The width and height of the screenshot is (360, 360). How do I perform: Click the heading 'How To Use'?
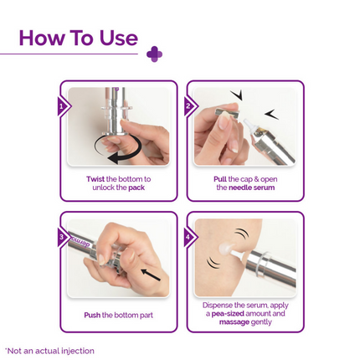[x=78, y=38]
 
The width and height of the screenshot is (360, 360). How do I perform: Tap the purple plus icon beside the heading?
[x=154, y=54]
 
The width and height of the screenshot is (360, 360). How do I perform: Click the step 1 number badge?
[x=61, y=107]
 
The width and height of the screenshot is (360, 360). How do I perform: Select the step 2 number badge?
[x=188, y=107]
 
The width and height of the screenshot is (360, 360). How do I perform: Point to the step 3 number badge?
[x=61, y=238]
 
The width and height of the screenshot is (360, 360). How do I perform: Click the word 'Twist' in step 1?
[x=95, y=179]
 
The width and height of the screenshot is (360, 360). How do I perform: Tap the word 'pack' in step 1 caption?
[x=136, y=188]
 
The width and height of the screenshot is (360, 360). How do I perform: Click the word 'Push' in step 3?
[x=92, y=315]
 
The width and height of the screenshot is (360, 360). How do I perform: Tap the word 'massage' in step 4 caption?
[x=234, y=321]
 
